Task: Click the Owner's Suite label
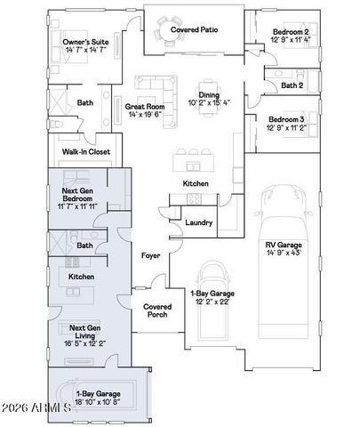tap(86, 42)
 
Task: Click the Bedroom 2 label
tap(290, 32)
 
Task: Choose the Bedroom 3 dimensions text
tap(290, 127)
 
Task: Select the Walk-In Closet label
tap(86, 152)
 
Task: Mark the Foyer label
tap(150, 255)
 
